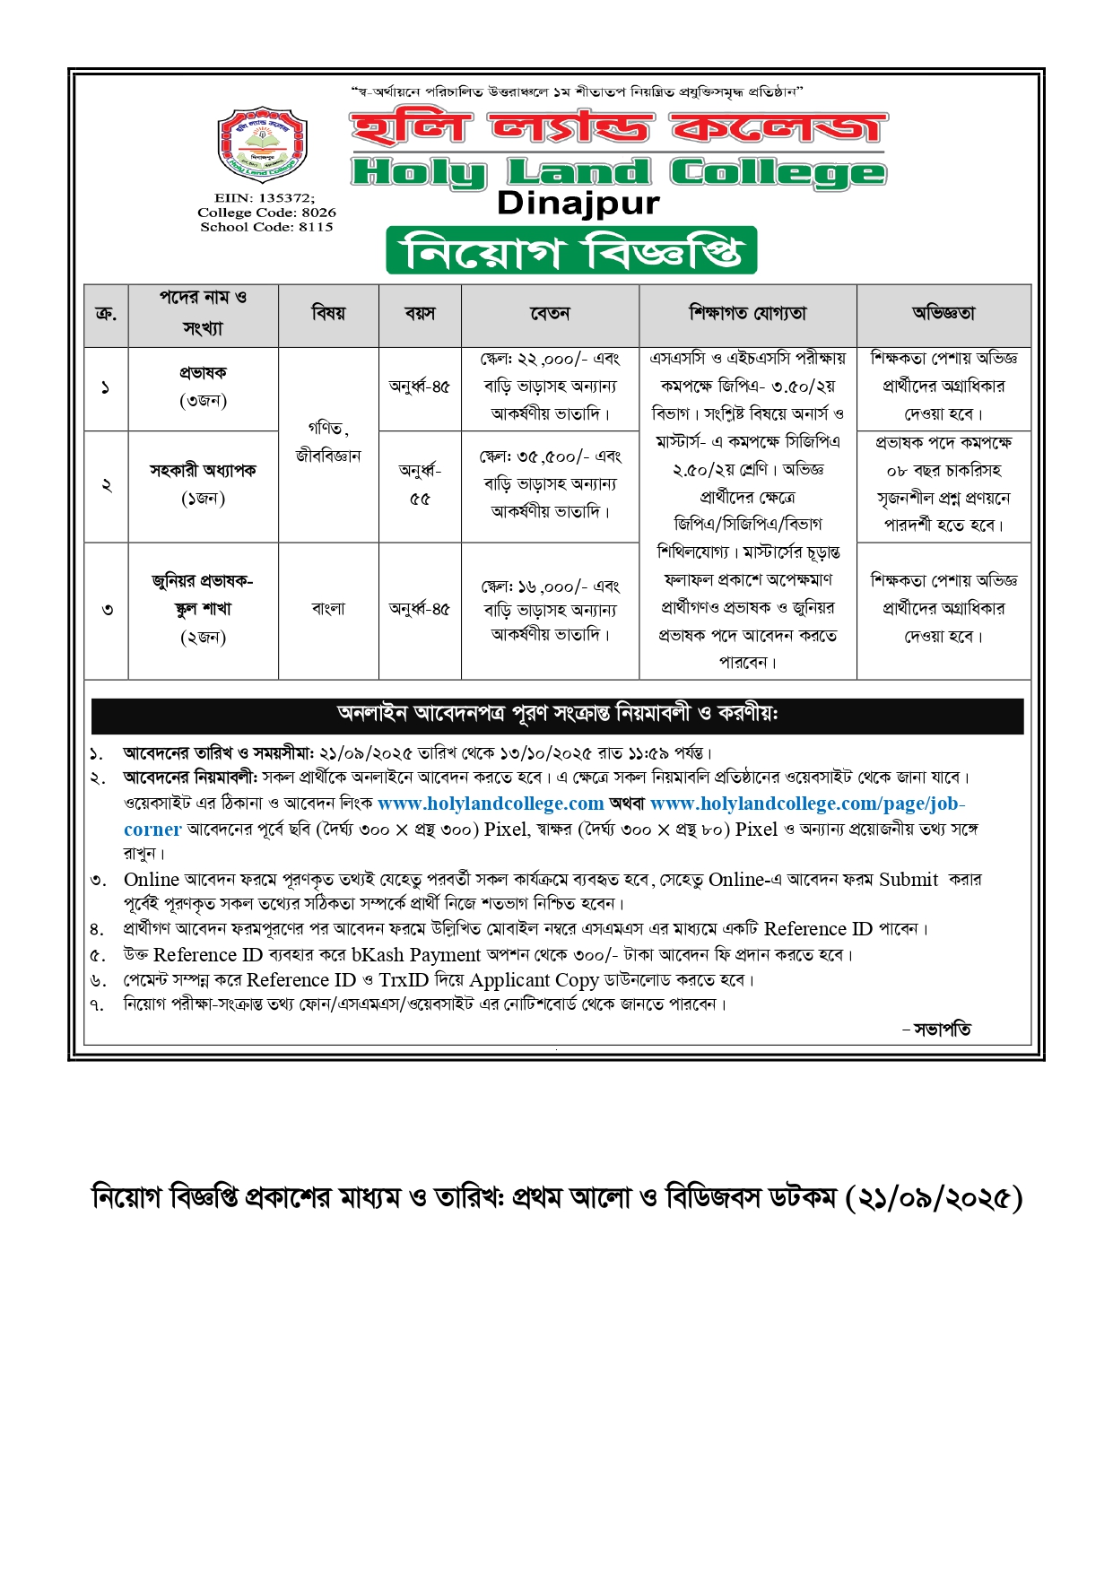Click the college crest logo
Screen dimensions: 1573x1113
pyautogui.click(x=263, y=145)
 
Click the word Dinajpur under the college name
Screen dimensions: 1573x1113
pyautogui.click(x=578, y=204)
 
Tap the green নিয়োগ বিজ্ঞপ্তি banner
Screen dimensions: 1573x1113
pyautogui.click(x=571, y=251)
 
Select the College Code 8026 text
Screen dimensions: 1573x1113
pyautogui.click(x=267, y=213)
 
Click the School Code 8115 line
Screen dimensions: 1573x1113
pyautogui.click(x=267, y=227)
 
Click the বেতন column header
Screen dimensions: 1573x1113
pyautogui.click(x=550, y=314)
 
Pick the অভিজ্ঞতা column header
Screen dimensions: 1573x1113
pyautogui.click(x=943, y=314)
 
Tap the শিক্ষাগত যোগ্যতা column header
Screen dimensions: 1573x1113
pyautogui.click(x=748, y=314)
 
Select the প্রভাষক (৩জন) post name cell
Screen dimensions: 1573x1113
pyautogui.click(x=203, y=387)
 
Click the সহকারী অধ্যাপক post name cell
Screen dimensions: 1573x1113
pyautogui.click(x=203, y=484)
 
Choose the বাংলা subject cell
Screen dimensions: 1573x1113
pyautogui.click(x=328, y=609)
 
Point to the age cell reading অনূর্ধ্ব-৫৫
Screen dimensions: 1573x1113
pyautogui.click(x=420, y=484)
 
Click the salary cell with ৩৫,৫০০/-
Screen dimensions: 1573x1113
pyautogui.click(x=550, y=484)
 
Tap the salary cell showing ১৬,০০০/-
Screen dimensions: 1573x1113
pyautogui.click(x=550, y=610)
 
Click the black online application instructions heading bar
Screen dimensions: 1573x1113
pyautogui.click(x=557, y=715)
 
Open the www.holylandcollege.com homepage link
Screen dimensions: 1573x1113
pyautogui.click(x=491, y=804)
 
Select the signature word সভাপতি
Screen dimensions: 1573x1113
pyautogui.click(x=942, y=1030)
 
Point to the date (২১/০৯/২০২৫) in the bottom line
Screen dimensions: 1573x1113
pyautogui.click(x=933, y=1198)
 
